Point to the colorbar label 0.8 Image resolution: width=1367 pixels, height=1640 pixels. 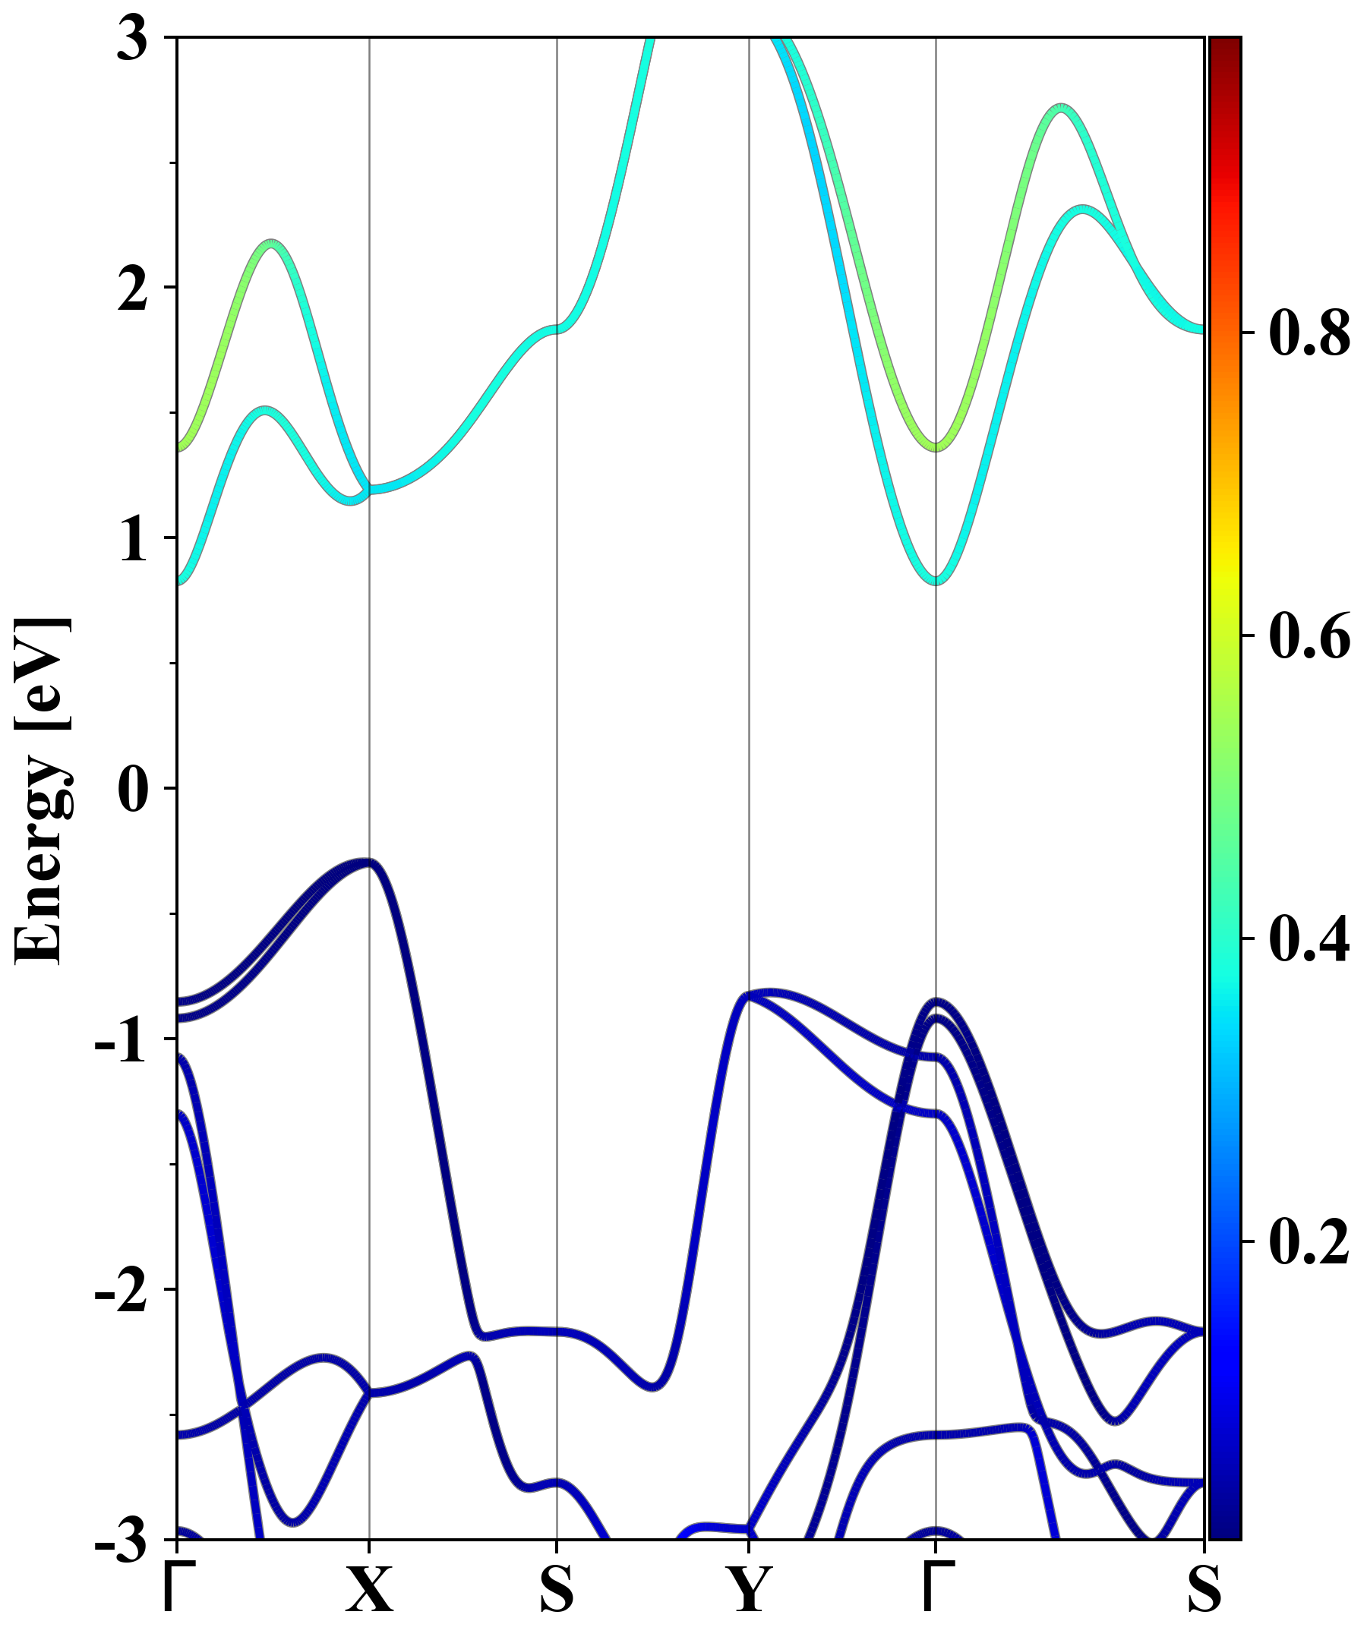[x=1309, y=333]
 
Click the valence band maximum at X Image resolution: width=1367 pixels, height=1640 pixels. [x=368, y=863]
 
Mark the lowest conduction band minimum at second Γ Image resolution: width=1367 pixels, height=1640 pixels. [x=936, y=580]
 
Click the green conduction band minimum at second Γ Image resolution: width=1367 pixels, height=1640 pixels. [x=936, y=446]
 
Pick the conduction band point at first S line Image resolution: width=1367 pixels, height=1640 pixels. [x=556, y=329]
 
